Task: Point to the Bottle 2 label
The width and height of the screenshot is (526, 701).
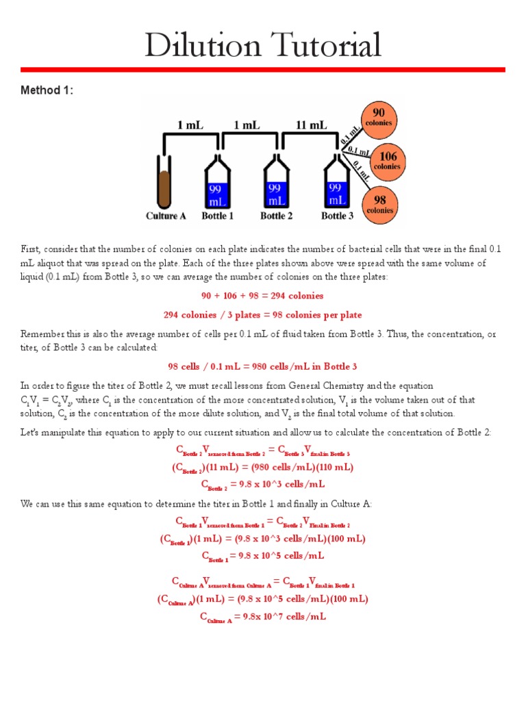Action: tap(277, 216)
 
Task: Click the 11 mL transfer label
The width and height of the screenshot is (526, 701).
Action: tap(310, 126)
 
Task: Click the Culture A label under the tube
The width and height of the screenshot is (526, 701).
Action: tap(166, 216)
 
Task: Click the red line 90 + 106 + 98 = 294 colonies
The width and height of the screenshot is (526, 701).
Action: tap(262, 296)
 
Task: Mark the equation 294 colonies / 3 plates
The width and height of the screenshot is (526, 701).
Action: tap(262, 315)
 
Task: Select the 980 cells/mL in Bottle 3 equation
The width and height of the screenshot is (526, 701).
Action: tap(262, 366)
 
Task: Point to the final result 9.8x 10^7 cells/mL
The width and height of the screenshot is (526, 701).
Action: tap(262, 617)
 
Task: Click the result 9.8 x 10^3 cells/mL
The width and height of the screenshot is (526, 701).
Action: tap(262, 484)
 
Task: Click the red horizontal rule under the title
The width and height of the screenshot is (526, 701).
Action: tap(262, 70)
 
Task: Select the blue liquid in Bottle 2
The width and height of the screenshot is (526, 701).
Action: tap(277, 194)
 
